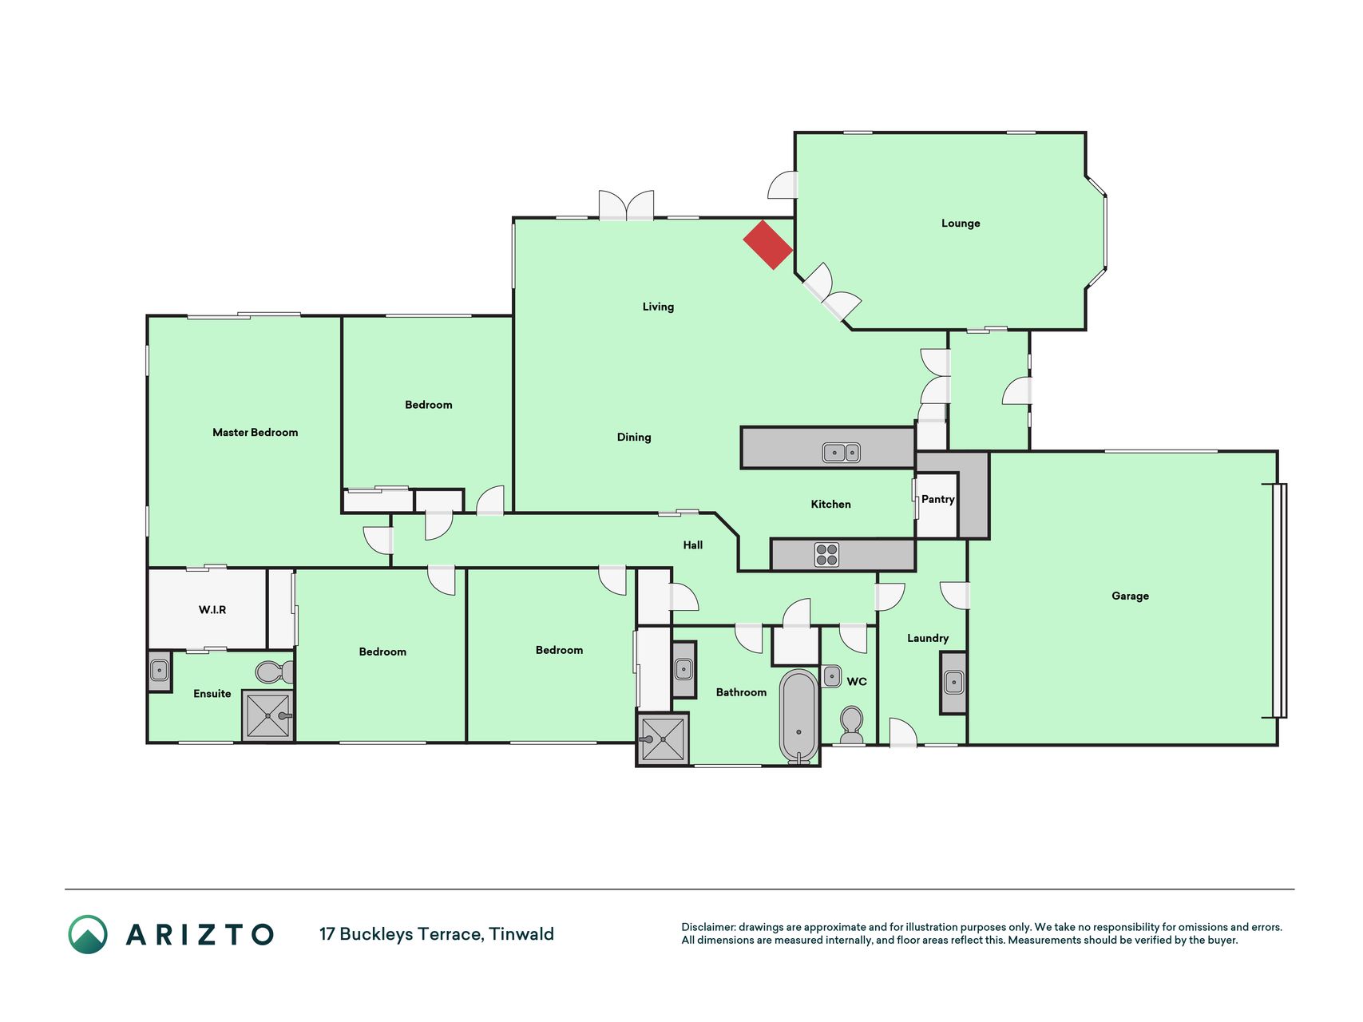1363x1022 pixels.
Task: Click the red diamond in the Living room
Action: point(768,245)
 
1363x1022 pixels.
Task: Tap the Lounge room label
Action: point(961,224)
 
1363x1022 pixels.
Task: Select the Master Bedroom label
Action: point(255,433)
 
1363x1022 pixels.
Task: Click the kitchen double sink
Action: point(842,453)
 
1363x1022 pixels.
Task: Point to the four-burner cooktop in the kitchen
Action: point(827,555)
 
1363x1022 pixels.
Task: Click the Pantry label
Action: point(937,499)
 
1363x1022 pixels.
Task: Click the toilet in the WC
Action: point(852,724)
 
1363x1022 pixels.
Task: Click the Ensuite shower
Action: point(268,716)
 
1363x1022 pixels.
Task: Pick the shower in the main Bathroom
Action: point(663,739)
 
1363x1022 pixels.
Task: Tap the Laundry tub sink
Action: point(954,683)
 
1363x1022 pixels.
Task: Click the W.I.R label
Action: point(212,610)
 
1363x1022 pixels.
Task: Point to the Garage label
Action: point(1130,596)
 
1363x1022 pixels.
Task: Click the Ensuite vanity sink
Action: point(160,671)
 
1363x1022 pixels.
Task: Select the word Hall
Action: point(693,545)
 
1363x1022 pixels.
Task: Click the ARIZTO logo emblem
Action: point(88,934)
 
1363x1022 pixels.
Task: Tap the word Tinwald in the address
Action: point(521,934)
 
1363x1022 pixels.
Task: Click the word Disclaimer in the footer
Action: point(708,927)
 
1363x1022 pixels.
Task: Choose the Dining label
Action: point(634,438)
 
